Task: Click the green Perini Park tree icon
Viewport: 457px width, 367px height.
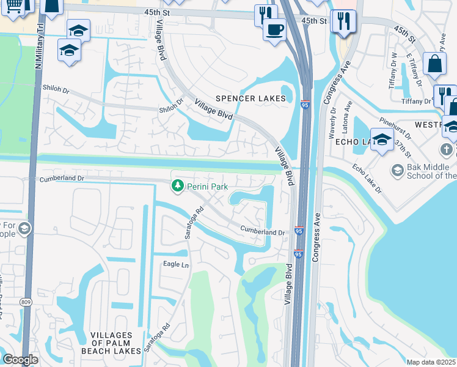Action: pyautogui.click(x=178, y=185)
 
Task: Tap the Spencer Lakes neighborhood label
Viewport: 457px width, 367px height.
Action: pyautogui.click(x=251, y=98)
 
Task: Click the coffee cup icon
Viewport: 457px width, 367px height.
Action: pyautogui.click(x=274, y=29)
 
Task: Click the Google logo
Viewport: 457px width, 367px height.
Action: pyautogui.click(x=21, y=360)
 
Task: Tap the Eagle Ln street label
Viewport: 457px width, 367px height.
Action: pyautogui.click(x=176, y=265)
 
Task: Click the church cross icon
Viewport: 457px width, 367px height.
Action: pyautogui.click(x=447, y=150)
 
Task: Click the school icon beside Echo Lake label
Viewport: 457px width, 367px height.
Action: pyautogui.click(x=382, y=139)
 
